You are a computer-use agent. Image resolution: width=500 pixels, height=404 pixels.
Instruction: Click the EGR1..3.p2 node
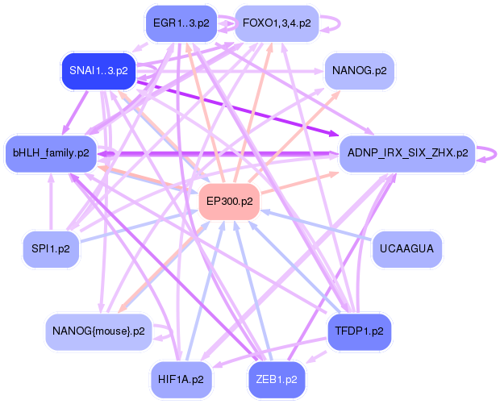[181, 23]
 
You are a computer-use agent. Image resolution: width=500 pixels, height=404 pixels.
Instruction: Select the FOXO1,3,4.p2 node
[277, 23]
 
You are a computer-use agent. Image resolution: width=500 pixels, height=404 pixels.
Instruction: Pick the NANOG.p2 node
[359, 71]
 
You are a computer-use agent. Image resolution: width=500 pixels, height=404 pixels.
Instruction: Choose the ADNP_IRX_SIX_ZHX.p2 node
[407, 152]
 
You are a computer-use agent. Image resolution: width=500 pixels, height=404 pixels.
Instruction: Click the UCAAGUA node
[407, 249]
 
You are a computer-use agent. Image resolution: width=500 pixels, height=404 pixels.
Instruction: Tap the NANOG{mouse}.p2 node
[98, 331]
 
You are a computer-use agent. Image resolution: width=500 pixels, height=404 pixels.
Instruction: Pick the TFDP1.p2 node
[359, 331]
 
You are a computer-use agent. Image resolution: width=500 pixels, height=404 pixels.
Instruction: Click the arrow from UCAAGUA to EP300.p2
[323, 226]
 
